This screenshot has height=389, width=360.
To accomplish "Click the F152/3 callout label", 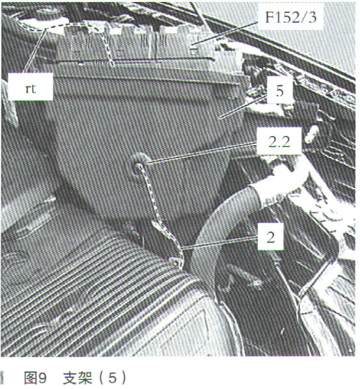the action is (x=291, y=17).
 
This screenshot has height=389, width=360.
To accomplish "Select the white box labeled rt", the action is (x=31, y=87).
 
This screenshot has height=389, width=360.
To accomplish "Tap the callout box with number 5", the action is (x=279, y=90).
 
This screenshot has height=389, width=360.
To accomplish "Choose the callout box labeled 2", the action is (x=270, y=236).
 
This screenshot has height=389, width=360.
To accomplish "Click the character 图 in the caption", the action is (x=31, y=378).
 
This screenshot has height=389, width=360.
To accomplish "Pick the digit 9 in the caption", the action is (x=43, y=379).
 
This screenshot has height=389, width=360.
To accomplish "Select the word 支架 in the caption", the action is (x=77, y=378).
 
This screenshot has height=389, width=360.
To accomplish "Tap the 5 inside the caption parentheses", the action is (x=112, y=379).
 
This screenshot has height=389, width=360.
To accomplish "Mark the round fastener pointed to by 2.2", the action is (x=140, y=164).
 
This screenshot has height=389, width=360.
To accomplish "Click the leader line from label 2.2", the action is (x=202, y=153).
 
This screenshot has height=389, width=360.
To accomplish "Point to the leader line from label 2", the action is (x=220, y=243).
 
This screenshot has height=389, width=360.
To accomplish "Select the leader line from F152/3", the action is (x=225, y=33).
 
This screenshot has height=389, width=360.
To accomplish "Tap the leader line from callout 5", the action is (x=244, y=106).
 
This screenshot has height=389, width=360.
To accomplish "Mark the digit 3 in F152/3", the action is (x=312, y=17).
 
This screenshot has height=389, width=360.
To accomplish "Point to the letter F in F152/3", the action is (x=269, y=17).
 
